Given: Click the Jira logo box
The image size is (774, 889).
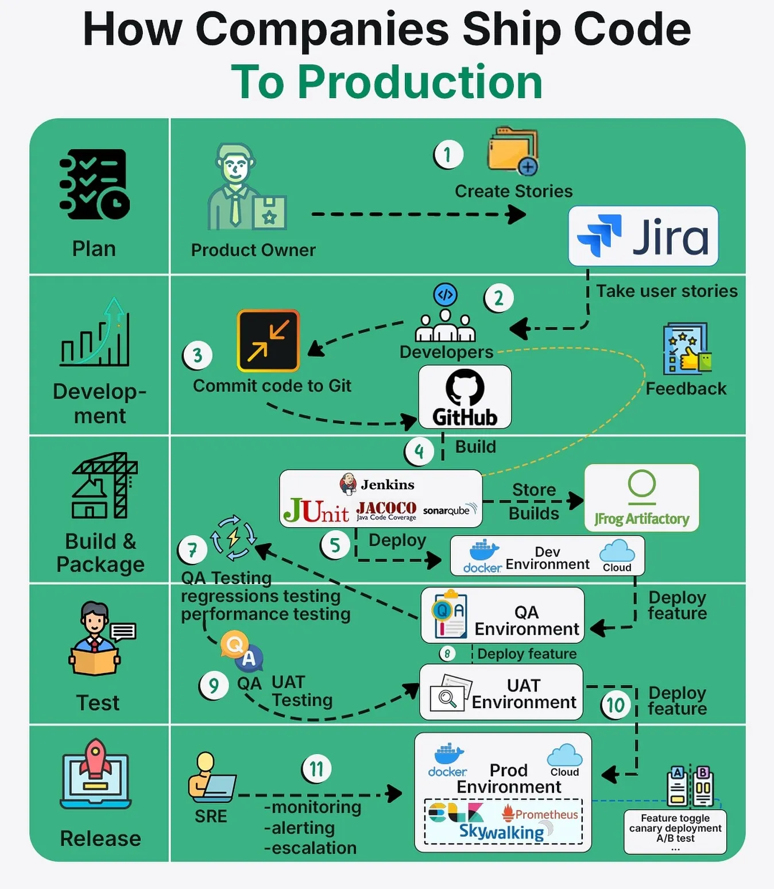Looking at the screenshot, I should coord(643,236).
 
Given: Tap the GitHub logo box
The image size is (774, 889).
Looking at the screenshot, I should coord(465,397).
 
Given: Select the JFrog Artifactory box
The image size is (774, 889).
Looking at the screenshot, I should coord(641,497).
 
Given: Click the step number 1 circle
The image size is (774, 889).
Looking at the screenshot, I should coord(448,154).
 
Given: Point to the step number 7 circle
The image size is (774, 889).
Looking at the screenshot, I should coord(193,550).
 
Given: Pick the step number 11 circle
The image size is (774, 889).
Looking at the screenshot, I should coord(316,768).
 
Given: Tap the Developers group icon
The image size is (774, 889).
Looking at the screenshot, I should coord(445,316).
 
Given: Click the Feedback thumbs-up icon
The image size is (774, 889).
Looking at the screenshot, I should coord(687,349).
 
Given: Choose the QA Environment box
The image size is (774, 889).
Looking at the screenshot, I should coord(502,615).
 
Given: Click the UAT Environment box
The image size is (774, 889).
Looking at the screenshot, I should coord(501,692).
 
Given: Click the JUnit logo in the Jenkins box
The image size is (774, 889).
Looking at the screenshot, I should coord(316,510).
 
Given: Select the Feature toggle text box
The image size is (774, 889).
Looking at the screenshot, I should coord(675,831).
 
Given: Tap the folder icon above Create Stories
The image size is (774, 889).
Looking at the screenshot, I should coord(512,150).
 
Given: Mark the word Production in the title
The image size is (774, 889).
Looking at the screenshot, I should coord(420,82).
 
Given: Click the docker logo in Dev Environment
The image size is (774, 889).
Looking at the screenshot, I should coord(483,556).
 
